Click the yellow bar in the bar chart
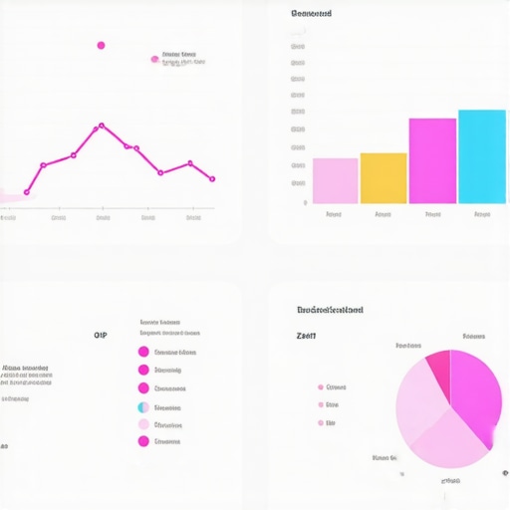click(x=383, y=178)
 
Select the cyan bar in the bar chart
click(x=481, y=156)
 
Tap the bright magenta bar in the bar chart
click(x=432, y=160)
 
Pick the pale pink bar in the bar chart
click(x=335, y=180)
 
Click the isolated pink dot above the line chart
click(x=101, y=45)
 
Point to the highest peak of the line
click(x=101, y=127)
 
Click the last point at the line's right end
click(x=212, y=179)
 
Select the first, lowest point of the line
click(x=27, y=191)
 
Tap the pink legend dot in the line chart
click(x=154, y=59)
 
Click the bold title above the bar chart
click(x=311, y=14)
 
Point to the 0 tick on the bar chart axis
click(x=305, y=202)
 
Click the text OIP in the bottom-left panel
click(x=100, y=336)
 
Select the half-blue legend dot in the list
click(x=143, y=406)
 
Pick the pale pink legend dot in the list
click(x=143, y=424)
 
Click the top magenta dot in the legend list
click(x=143, y=352)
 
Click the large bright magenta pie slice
click(x=474, y=393)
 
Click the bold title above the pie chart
click(x=330, y=310)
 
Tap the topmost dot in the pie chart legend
click(x=321, y=386)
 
